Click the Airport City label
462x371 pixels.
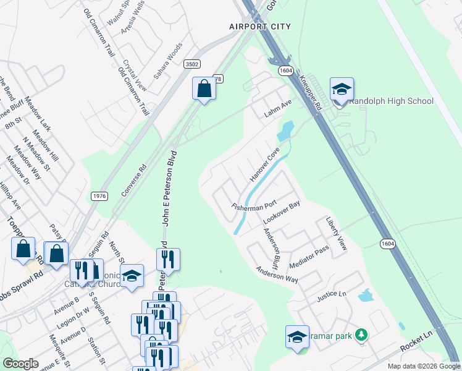[259, 27]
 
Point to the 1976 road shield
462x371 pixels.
[99, 196]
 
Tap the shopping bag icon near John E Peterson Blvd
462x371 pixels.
[203, 90]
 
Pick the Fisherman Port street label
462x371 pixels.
[253, 205]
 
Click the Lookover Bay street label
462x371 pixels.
[281, 212]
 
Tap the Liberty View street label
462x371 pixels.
[337, 233]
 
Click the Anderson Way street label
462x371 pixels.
[277, 274]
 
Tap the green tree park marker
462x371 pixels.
[362, 335]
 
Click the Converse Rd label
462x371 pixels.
[133, 180]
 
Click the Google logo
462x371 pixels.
[20, 364]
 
